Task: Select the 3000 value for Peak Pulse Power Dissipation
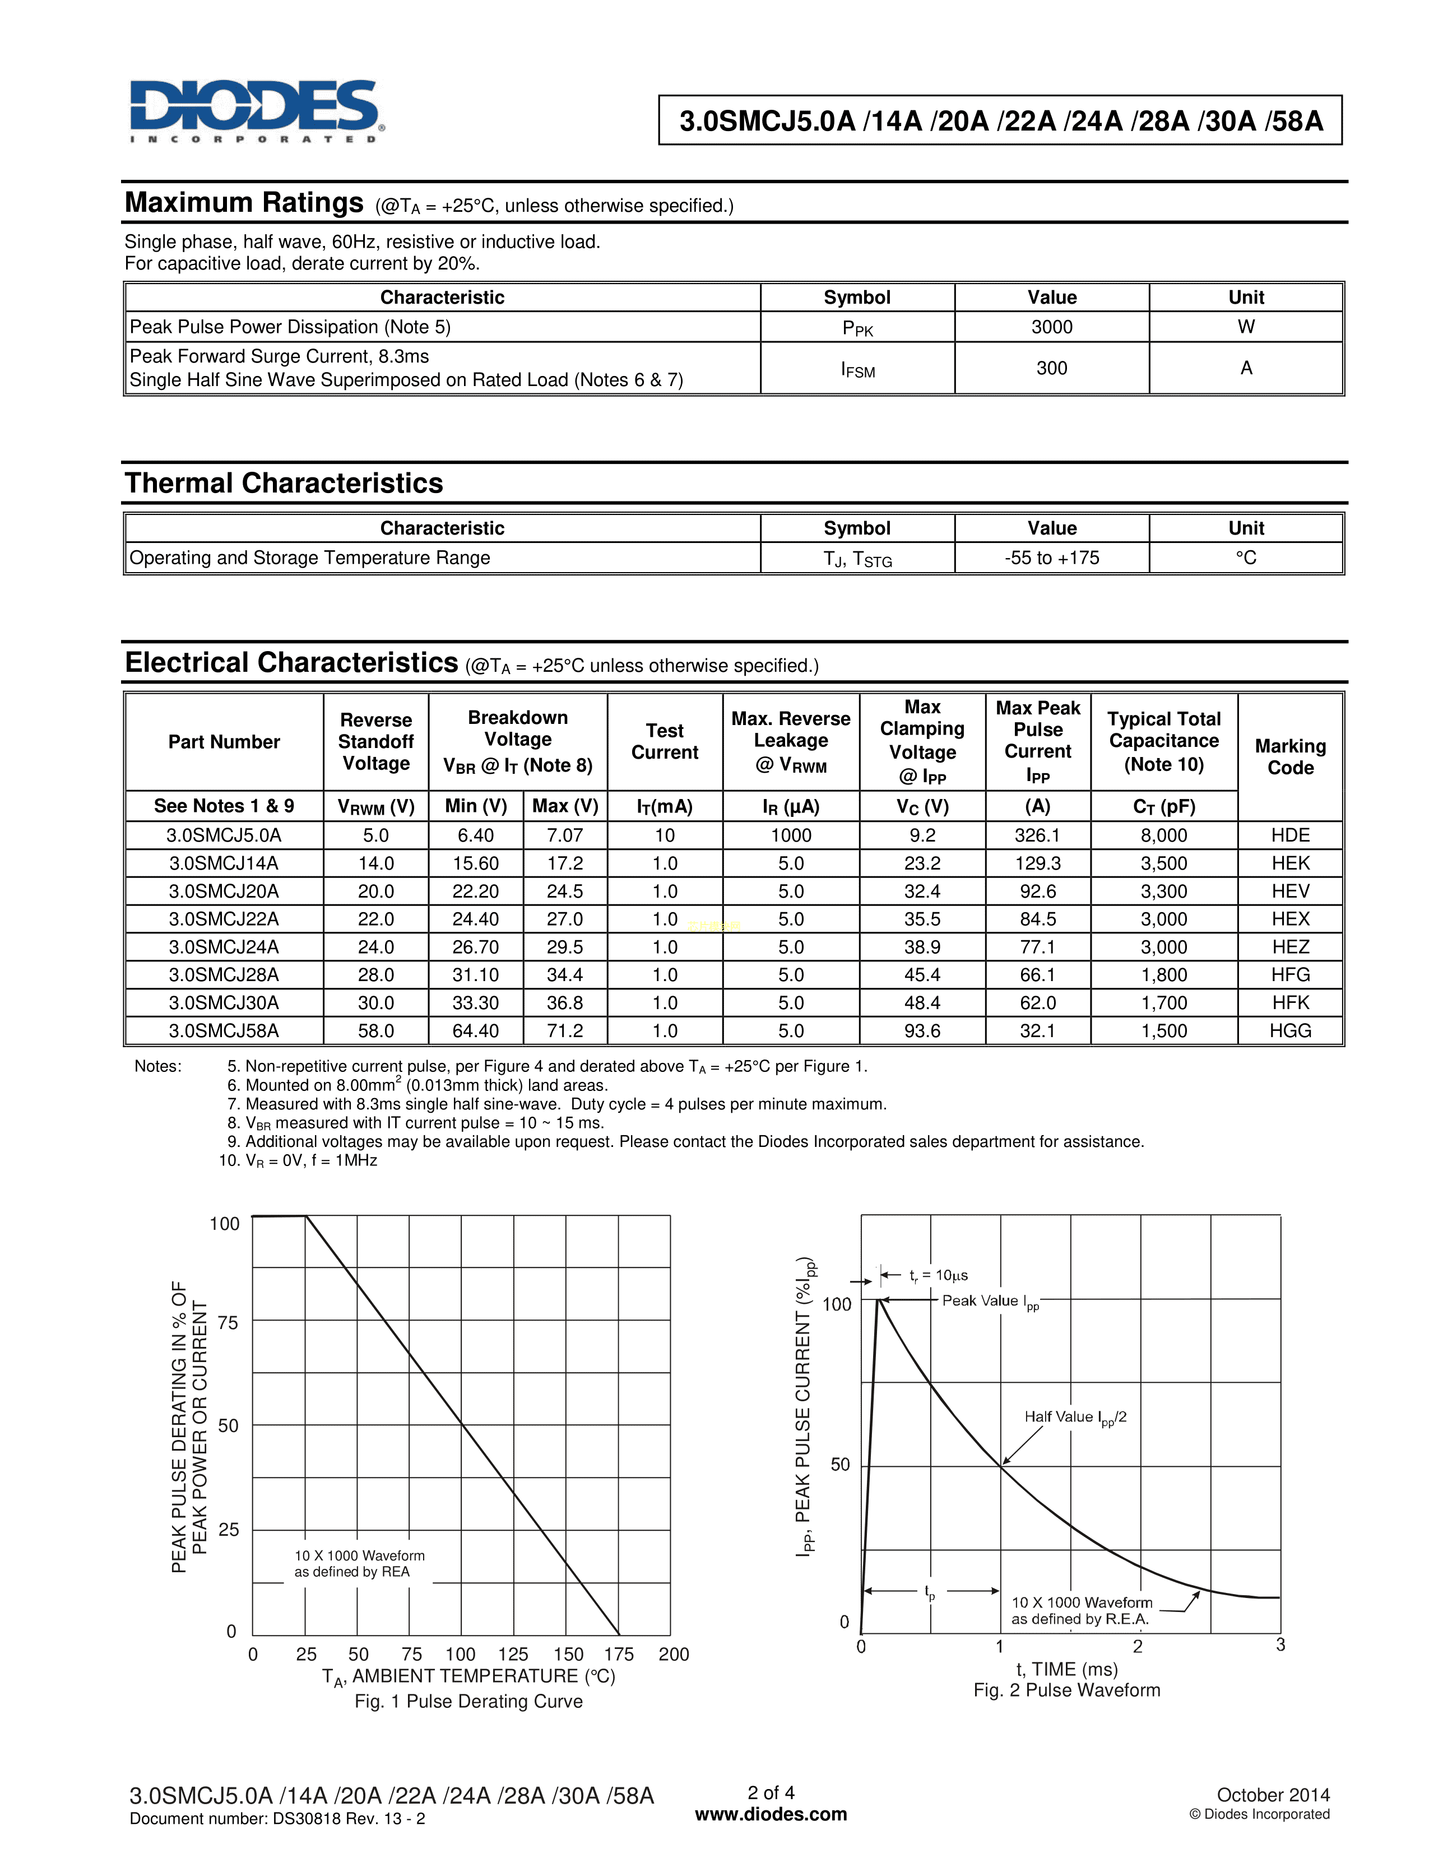point(1051,327)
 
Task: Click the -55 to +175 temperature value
point(1051,558)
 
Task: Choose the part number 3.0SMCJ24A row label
point(224,946)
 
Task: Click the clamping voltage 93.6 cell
point(922,1030)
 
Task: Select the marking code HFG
point(1290,974)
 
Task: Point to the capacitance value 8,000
point(1164,835)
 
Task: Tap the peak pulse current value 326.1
point(1037,835)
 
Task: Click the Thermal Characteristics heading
point(284,484)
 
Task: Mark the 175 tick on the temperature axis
point(619,1654)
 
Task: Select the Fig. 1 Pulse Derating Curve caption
point(468,1701)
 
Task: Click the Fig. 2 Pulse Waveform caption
point(1066,1690)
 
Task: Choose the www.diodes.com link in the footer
point(771,1814)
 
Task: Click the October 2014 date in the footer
point(1273,1795)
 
